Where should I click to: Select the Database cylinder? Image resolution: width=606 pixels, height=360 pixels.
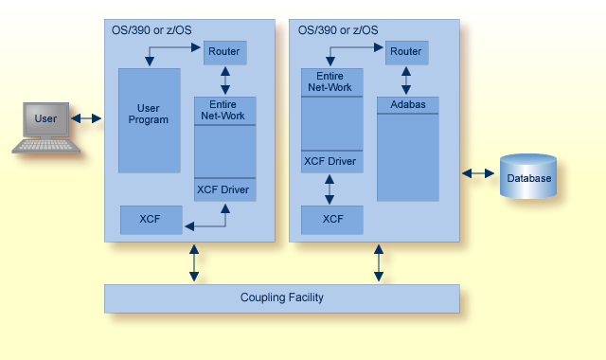pos(529,177)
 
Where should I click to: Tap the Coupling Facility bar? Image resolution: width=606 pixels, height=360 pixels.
pos(281,298)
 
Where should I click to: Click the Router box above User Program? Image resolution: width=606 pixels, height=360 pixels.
pos(223,50)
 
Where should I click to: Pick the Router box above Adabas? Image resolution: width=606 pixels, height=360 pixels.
pos(405,51)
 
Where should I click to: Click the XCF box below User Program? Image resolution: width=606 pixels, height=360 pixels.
pos(150,219)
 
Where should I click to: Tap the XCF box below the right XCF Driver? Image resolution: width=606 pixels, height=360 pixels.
pos(332,220)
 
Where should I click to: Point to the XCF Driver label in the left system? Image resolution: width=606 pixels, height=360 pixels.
pos(223,189)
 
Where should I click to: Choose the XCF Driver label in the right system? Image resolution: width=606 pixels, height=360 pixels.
pos(330,162)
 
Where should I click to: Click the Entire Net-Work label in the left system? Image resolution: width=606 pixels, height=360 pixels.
pos(223,110)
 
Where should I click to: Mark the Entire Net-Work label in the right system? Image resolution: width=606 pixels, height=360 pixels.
pos(330,81)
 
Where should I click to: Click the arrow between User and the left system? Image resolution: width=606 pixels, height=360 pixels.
pos(86,119)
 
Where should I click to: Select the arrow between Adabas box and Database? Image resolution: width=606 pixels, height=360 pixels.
pos(478,173)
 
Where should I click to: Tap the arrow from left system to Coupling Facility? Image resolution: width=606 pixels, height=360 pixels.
pos(194,262)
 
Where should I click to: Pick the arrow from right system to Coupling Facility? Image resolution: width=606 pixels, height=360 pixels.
pos(378,262)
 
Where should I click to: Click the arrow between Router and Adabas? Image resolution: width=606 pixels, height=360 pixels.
pos(406,80)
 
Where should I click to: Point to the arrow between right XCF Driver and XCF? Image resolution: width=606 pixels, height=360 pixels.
pos(330,188)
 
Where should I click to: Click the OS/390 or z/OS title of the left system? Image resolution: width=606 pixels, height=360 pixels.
pos(151,30)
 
